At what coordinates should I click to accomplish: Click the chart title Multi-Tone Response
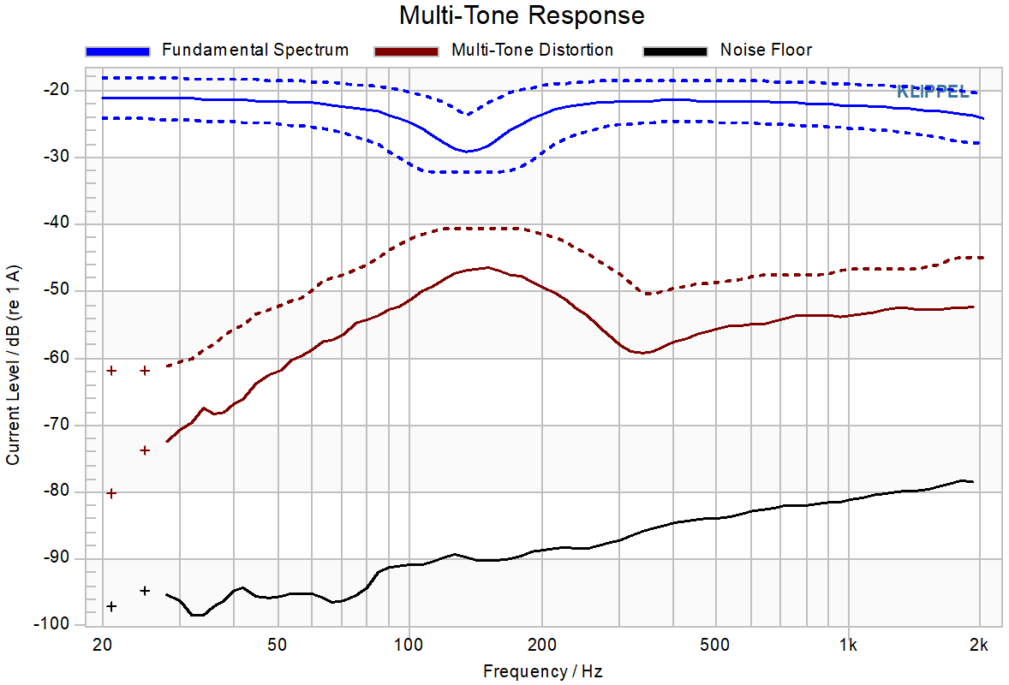point(522,15)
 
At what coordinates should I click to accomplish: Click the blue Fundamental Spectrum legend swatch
point(117,51)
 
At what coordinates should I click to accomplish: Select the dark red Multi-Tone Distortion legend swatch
point(406,51)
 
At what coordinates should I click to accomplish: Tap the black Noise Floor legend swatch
point(675,51)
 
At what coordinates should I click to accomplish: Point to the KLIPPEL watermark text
point(933,92)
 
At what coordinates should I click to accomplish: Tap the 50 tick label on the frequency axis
point(277,645)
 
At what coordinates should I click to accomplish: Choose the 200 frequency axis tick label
point(541,645)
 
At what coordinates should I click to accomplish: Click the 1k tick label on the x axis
point(848,645)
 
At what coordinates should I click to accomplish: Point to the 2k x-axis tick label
point(979,645)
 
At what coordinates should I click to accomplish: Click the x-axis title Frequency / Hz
point(542,671)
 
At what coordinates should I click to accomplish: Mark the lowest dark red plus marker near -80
point(111,493)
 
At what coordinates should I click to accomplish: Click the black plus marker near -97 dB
point(111,606)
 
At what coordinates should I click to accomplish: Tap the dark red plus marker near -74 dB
point(145,450)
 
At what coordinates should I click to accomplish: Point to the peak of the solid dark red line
point(487,267)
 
